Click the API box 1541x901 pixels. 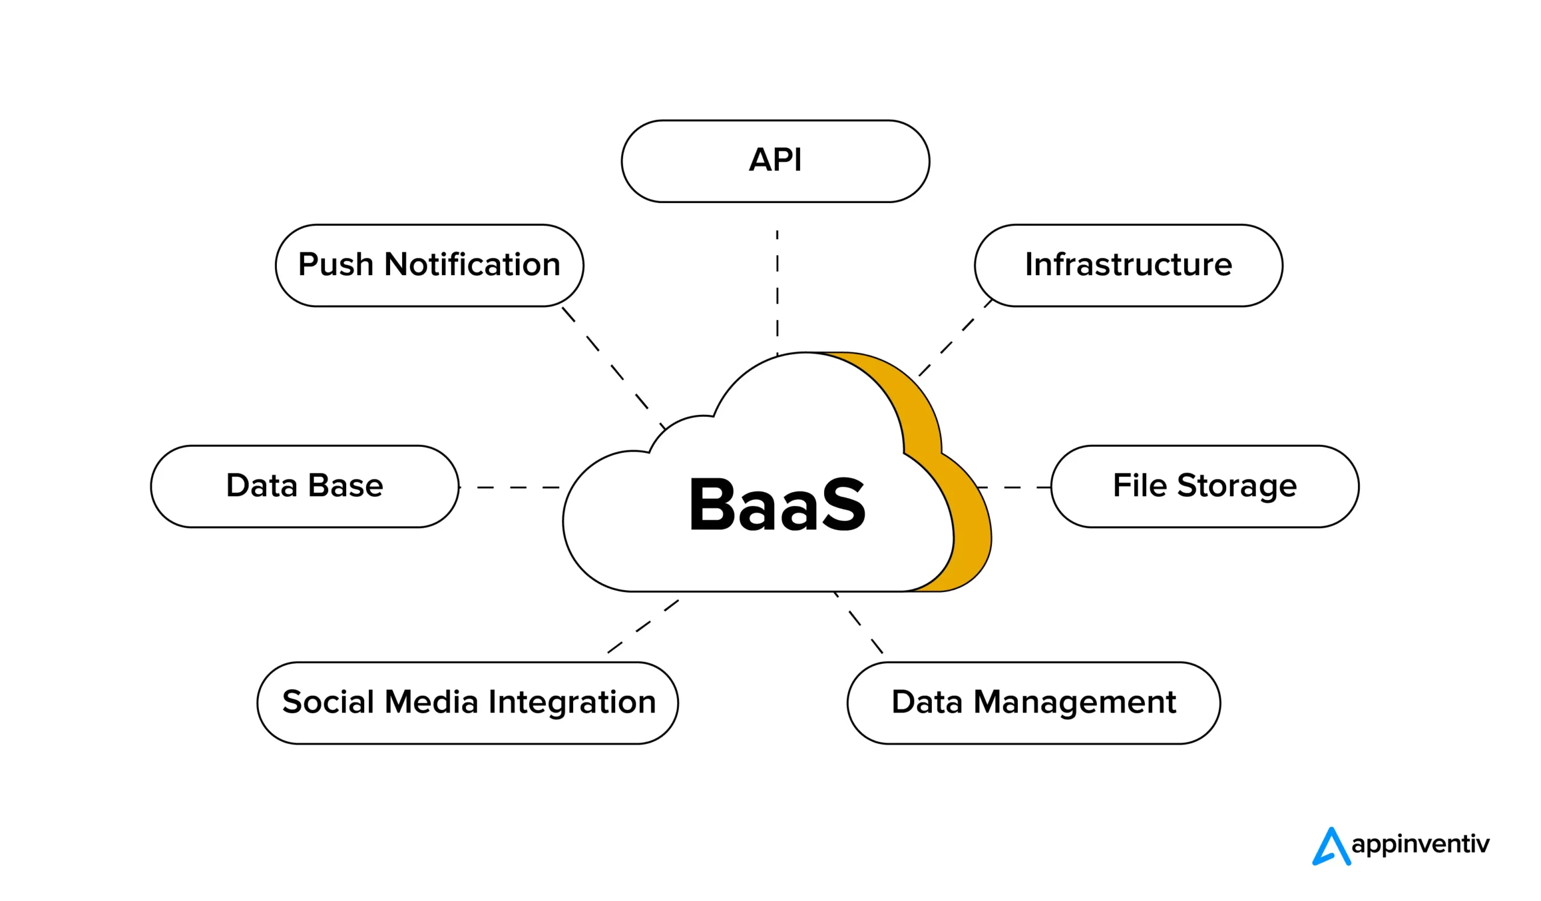[x=775, y=161]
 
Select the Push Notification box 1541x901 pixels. [x=429, y=266]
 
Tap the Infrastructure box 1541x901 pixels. [x=1128, y=266]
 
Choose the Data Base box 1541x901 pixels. [x=305, y=486]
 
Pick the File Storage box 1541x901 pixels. [x=1205, y=486]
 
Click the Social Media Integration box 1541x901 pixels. [x=468, y=703]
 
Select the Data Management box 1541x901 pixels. [x=1034, y=703]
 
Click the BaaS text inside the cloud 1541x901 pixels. [x=777, y=505]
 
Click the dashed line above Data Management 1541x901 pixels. [x=859, y=624]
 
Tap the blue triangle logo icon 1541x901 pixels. [x=1331, y=847]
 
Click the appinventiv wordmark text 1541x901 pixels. [x=1420, y=844]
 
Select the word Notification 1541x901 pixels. [x=472, y=266]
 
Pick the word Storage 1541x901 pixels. [x=1236, y=486]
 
